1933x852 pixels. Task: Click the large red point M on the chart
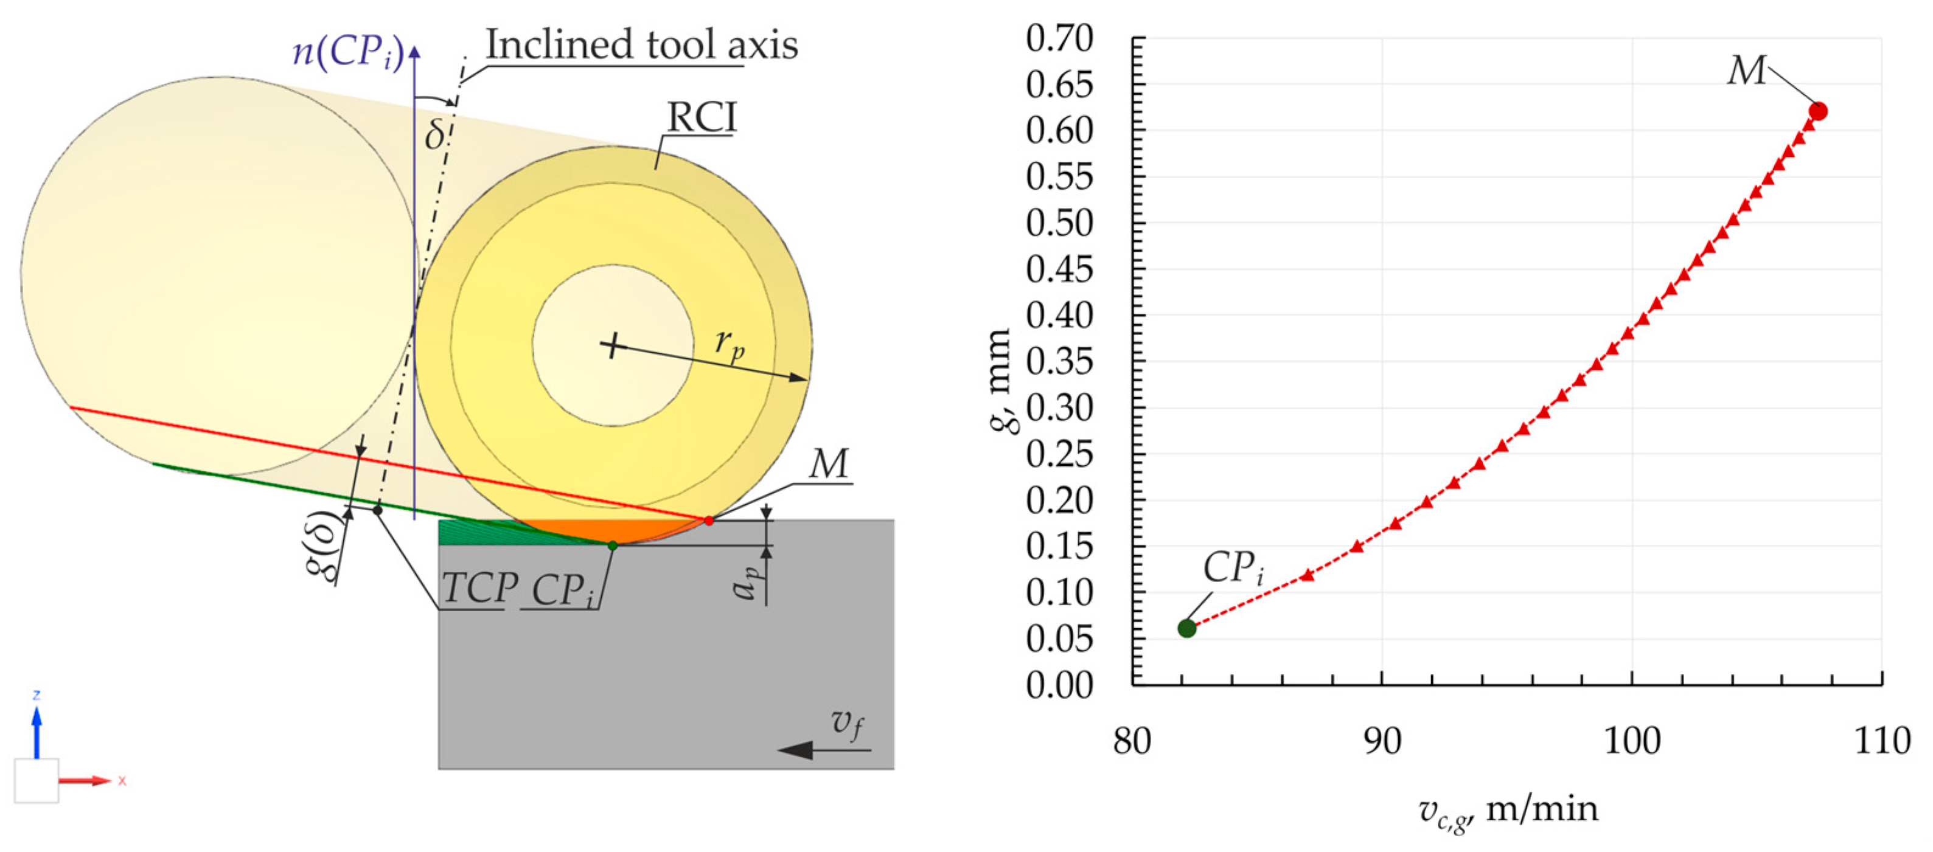click(x=1817, y=111)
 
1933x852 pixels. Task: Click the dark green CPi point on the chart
click(x=1186, y=628)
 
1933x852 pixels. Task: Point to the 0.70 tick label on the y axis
click(x=1059, y=38)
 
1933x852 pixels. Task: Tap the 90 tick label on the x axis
click(x=1382, y=741)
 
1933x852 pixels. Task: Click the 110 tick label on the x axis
click(x=1881, y=741)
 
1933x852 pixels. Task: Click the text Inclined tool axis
click(x=641, y=45)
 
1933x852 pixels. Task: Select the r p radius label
click(x=730, y=345)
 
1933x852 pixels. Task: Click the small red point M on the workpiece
click(x=708, y=520)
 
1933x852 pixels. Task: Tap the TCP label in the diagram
click(x=479, y=588)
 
